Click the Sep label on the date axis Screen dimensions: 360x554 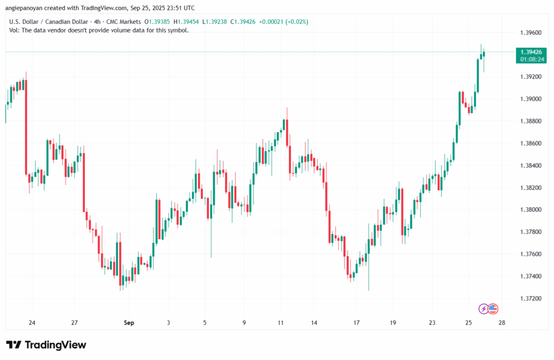pyautogui.click(x=129, y=323)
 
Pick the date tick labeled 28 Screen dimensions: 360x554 pyautogui.click(x=502, y=323)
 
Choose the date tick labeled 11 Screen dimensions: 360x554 pyautogui.click(x=280, y=323)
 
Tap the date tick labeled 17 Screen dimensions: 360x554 pyautogui.click(x=356, y=323)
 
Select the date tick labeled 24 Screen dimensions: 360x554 pyautogui.click(x=32, y=323)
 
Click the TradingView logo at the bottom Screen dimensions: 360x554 pyautogui.click(x=45, y=345)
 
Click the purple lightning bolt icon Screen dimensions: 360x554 pyautogui.click(x=483, y=309)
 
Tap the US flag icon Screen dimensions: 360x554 pyautogui.click(x=492, y=309)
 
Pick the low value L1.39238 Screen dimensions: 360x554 pyautogui.click(x=213, y=22)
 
